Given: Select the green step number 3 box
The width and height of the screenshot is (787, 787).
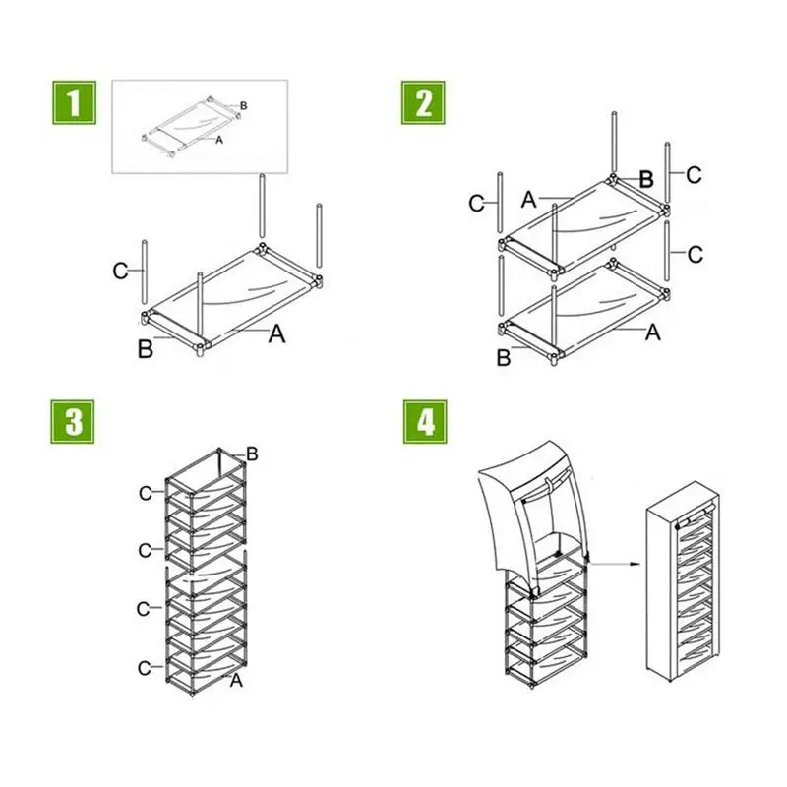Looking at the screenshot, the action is (74, 422).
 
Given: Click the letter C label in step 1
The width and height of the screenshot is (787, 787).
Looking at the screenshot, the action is (120, 271).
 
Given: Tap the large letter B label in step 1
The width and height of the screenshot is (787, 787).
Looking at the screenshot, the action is (146, 348).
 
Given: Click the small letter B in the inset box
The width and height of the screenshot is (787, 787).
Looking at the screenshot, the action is (243, 105).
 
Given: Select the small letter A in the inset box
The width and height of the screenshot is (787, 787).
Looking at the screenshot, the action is (219, 141).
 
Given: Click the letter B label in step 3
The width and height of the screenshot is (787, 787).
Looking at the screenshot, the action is (252, 454).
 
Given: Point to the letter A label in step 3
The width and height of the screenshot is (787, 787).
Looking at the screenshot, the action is (236, 680).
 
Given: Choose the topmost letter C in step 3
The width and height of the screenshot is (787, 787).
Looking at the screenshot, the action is (146, 492).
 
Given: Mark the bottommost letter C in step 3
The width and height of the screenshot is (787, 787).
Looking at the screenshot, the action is (145, 668).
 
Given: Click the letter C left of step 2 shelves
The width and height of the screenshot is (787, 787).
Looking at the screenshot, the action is (477, 204).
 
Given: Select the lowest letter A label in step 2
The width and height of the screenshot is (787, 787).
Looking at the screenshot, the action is (651, 333).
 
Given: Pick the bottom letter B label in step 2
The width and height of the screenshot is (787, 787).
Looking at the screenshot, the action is (504, 358).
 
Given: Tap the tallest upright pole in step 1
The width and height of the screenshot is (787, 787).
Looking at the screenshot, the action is (263, 210).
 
